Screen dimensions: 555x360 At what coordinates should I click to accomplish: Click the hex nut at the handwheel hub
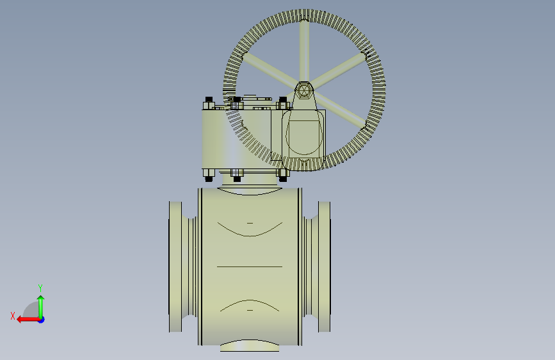pyautogui.click(x=303, y=90)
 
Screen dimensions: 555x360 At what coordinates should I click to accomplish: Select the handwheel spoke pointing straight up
pyautogui.click(x=304, y=51)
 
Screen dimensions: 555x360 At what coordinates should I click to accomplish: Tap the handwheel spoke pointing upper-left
pyautogui.click(x=269, y=70)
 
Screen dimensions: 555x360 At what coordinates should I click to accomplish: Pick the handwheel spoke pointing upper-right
pyautogui.click(x=339, y=71)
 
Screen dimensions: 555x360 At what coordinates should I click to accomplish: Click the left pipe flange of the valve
pyautogui.click(x=175, y=267)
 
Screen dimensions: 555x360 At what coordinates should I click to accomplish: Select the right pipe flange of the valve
pyautogui.click(x=324, y=267)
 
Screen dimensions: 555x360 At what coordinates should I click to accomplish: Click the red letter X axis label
pyautogui.click(x=13, y=316)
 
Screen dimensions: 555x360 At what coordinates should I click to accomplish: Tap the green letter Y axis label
pyautogui.click(x=40, y=288)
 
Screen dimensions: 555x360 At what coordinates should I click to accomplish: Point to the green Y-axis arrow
pyautogui.click(x=41, y=307)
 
